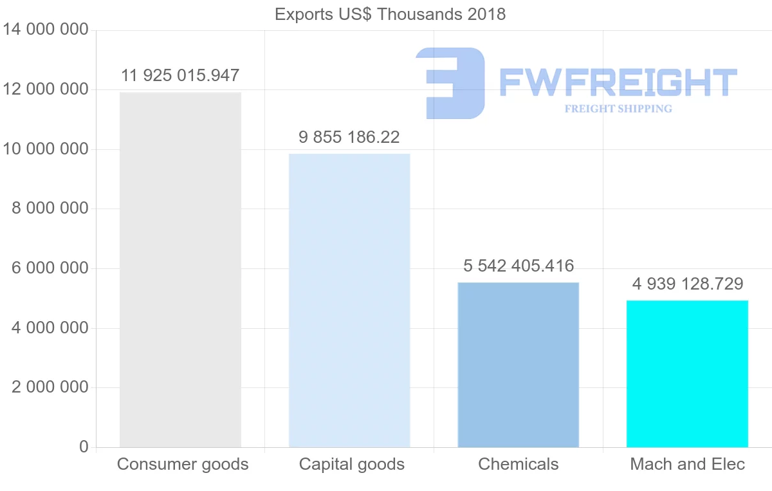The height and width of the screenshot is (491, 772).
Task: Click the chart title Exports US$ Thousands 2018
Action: point(390,14)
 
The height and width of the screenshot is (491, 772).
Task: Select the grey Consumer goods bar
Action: point(180,270)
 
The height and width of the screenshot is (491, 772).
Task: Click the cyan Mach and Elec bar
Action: point(687,373)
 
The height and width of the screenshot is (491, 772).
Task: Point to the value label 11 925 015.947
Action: point(180,76)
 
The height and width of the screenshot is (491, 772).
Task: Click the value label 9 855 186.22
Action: point(349,137)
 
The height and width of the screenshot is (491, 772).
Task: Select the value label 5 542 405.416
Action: point(519,266)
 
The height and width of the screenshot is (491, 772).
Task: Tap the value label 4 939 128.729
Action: point(687,284)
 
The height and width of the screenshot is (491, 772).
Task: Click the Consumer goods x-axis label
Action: point(183,464)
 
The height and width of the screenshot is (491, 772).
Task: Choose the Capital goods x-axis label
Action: point(352,464)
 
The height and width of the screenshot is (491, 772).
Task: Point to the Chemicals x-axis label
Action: point(519,464)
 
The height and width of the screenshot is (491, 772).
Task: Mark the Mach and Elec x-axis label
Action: point(687,464)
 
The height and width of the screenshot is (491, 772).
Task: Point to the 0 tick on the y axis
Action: point(84,447)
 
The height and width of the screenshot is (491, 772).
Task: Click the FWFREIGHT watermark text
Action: point(618,82)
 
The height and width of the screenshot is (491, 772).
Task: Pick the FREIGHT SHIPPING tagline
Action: point(618,109)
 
